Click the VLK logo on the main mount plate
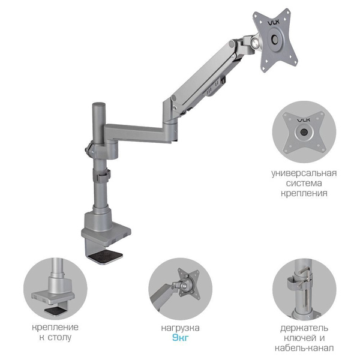[x=274, y=23]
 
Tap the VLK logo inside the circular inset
[x=304, y=120]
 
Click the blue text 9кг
[x=181, y=338]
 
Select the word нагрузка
[x=180, y=328]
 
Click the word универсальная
[x=304, y=173]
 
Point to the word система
[x=304, y=183]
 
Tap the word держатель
[x=304, y=328]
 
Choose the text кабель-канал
[x=304, y=348]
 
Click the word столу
[x=59, y=337]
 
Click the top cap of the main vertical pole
[x=99, y=104]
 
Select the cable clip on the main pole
[x=103, y=176]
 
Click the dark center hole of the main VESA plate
[x=275, y=39]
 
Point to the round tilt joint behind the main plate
[x=254, y=41]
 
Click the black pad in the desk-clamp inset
[x=55, y=311]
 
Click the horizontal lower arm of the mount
[x=138, y=133]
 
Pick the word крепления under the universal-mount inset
[x=304, y=193]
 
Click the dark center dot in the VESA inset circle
[x=304, y=132]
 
